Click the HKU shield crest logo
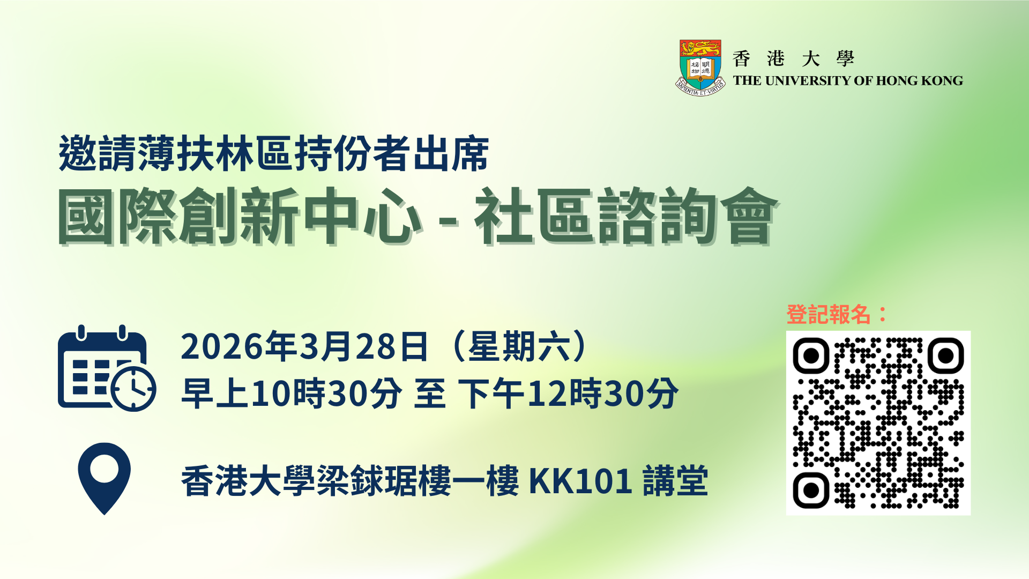(x=700, y=68)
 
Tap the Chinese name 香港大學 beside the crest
(x=793, y=58)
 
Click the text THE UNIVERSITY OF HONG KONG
(x=848, y=81)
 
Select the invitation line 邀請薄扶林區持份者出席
(x=274, y=154)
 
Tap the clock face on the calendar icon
(x=133, y=389)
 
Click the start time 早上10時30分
(x=292, y=394)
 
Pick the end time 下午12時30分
(x=568, y=394)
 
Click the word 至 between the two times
(x=430, y=394)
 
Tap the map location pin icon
(x=105, y=478)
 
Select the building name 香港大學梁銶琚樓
(x=316, y=481)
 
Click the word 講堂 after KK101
(x=675, y=481)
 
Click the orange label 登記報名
(x=828, y=314)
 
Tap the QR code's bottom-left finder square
(x=811, y=490)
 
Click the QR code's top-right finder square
(x=946, y=355)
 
